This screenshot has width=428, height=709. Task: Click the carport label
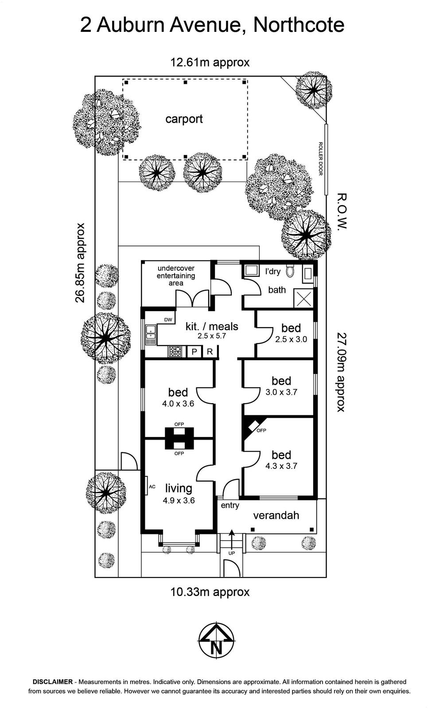184,119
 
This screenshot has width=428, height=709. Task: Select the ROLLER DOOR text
320,159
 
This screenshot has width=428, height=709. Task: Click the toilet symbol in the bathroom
290,271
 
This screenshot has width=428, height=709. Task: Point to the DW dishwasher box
168,319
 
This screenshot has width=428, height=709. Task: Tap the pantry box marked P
195,352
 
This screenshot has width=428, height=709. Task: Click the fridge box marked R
210,352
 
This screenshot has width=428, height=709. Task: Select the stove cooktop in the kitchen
175,351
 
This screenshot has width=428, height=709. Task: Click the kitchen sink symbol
151,335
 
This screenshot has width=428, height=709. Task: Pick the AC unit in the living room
150,486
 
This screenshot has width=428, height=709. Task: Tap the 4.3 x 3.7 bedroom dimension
281,466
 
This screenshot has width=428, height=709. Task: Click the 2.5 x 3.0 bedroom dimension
291,339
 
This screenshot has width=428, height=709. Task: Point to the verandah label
276,516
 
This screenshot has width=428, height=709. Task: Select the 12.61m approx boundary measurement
210,62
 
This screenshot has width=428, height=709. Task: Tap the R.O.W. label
342,211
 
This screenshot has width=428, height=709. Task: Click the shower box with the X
303,298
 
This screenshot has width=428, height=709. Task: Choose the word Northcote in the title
299,25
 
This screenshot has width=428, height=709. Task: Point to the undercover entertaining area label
176,276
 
